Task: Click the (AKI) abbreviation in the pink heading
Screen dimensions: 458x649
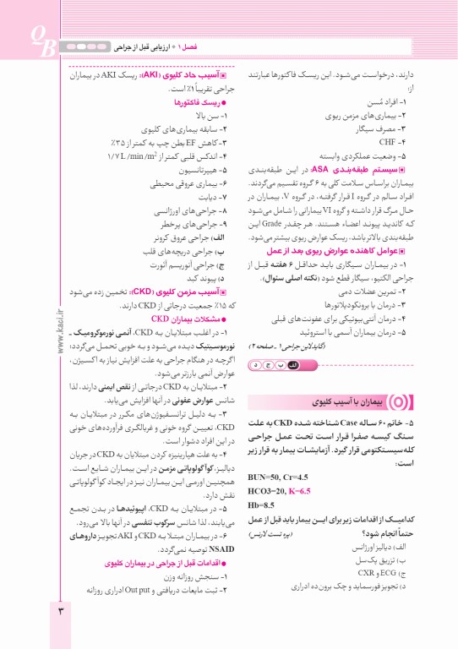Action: (x=150, y=74)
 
